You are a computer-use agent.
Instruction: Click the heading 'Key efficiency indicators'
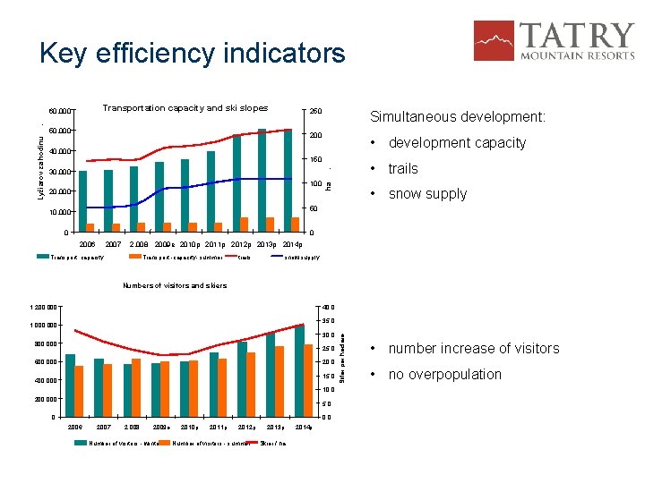pyautogui.click(x=192, y=54)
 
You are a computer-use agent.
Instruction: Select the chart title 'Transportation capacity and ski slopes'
pyautogui.click(x=185, y=108)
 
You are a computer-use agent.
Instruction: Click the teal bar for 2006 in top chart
pyautogui.click(x=82, y=201)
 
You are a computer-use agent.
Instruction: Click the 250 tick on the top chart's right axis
pyautogui.click(x=315, y=111)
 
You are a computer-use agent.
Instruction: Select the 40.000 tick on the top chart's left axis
pyautogui.click(x=61, y=151)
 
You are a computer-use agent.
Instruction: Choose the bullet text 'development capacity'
pyautogui.click(x=457, y=143)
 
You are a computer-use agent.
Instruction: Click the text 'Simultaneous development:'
pyautogui.click(x=457, y=117)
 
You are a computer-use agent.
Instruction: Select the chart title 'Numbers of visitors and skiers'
pyautogui.click(x=174, y=286)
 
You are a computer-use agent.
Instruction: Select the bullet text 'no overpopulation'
pyautogui.click(x=444, y=375)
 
